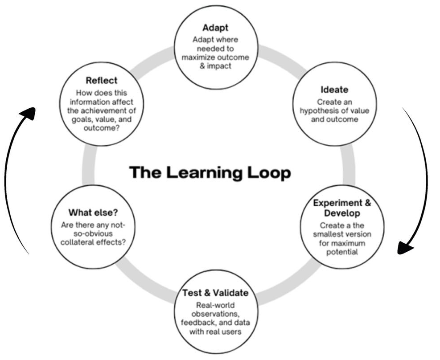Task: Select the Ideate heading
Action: point(334,90)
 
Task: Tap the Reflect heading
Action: point(102,81)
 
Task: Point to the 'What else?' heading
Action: point(93,212)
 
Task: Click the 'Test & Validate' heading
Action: point(215,293)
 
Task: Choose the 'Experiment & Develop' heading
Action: point(342,208)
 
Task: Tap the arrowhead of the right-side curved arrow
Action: point(406,247)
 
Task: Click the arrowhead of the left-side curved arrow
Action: point(28,113)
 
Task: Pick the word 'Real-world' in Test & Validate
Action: point(215,305)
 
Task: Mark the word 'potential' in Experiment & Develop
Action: point(342,252)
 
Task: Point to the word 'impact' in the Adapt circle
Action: point(221,66)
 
